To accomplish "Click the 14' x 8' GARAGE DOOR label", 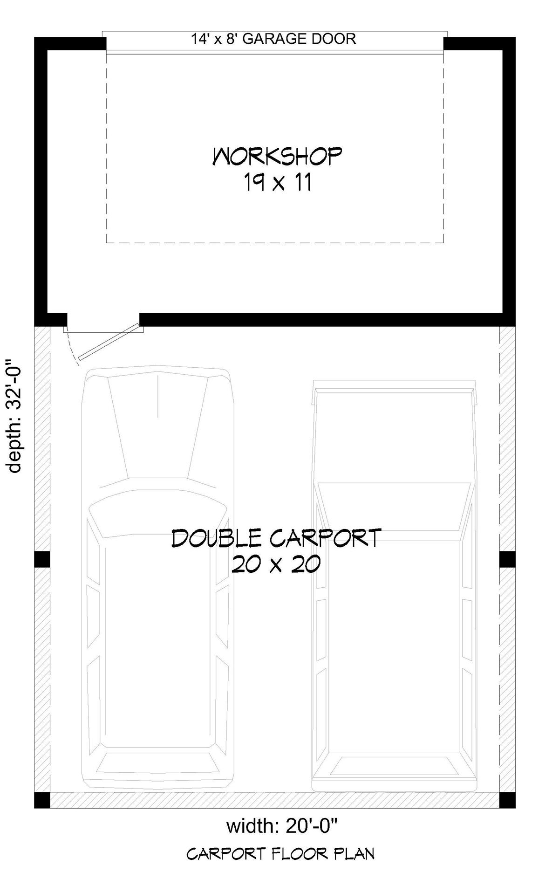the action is click(x=273, y=39).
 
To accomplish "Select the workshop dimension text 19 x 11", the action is click(x=277, y=183).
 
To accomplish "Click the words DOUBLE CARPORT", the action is click(x=277, y=538).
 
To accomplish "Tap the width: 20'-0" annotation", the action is click(x=282, y=827).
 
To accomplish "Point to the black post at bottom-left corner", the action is click(x=42, y=800).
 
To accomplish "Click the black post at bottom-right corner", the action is click(x=507, y=800).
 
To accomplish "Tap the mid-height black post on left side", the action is click(x=42, y=559).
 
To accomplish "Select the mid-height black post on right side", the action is click(x=507, y=559).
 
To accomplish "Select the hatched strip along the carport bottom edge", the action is click(x=275, y=800).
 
